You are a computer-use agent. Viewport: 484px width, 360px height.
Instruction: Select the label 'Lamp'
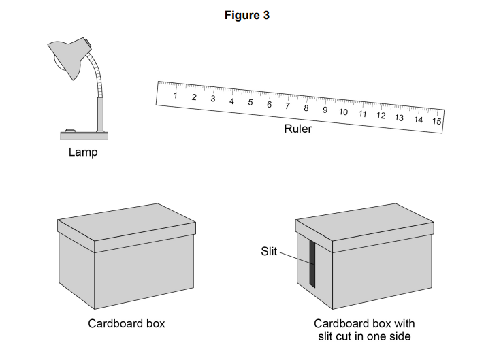tap(82, 152)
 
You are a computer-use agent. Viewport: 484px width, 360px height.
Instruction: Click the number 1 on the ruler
tap(176, 95)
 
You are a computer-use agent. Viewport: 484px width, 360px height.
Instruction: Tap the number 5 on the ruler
tap(251, 103)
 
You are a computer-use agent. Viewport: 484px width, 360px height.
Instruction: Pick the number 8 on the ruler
tap(306, 108)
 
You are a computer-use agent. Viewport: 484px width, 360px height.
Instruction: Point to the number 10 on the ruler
tap(343, 112)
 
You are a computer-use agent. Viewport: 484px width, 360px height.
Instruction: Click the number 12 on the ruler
tap(381, 115)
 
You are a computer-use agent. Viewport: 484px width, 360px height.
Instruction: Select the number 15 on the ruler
tap(436, 121)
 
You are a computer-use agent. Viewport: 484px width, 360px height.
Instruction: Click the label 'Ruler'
tap(297, 129)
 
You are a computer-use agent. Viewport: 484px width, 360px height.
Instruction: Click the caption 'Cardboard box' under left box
tap(126, 324)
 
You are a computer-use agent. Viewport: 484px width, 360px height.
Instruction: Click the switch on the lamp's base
tap(69, 129)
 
